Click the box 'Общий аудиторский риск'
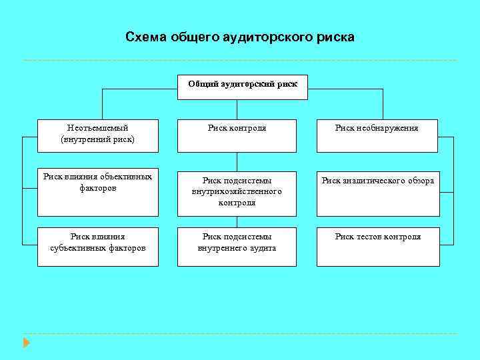[242, 86]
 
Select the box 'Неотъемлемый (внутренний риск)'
[97, 135]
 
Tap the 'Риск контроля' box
[237, 135]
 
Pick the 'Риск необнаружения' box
[377, 135]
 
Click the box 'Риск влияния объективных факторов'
[97, 192]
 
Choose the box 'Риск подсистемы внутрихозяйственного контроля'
[237, 192]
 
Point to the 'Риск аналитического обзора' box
[377, 192]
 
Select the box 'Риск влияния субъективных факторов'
[97, 247]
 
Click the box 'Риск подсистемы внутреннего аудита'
[237, 247]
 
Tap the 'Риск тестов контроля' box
[377, 247]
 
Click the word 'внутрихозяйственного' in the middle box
[237, 191]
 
